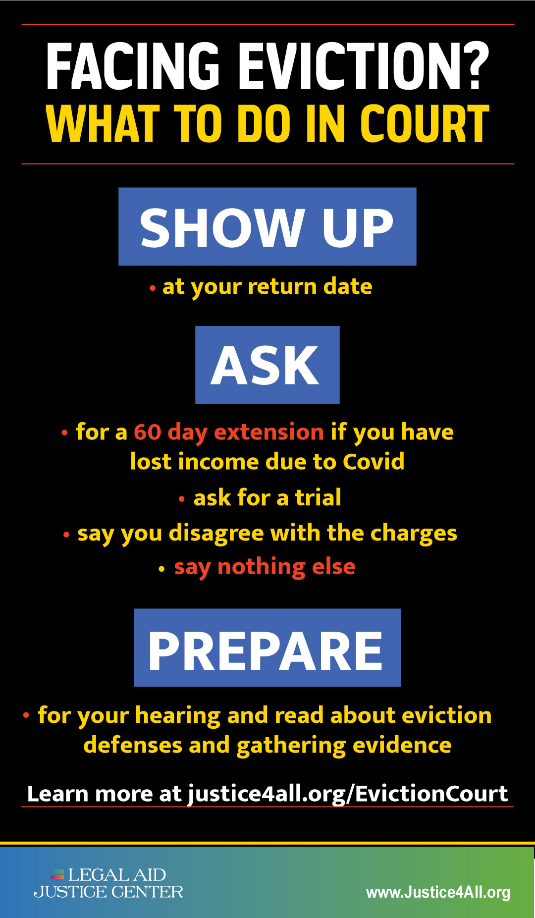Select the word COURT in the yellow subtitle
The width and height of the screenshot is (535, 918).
click(x=425, y=124)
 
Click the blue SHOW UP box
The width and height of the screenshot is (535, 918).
click(x=267, y=226)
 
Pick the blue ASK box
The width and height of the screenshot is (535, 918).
click(x=267, y=365)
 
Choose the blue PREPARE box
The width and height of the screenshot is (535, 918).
click(x=267, y=648)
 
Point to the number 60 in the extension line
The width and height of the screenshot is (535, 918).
click(x=148, y=432)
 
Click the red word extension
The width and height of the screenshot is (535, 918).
click(x=268, y=432)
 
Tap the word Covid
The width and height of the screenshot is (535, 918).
click(x=374, y=462)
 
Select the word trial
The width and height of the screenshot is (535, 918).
click(x=318, y=497)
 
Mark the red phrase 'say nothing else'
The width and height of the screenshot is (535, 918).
click(x=265, y=567)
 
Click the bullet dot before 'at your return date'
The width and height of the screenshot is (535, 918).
click(x=153, y=288)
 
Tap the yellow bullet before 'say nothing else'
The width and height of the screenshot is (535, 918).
click(x=161, y=569)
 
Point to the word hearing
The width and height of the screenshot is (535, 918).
click(x=178, y=716)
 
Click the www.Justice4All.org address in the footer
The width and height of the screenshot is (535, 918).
click(x=438, y=892)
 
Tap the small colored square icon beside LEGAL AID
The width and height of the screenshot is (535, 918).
click(x=58, y=874)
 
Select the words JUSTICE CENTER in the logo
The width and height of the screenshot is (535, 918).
click(x=108, y=892)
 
